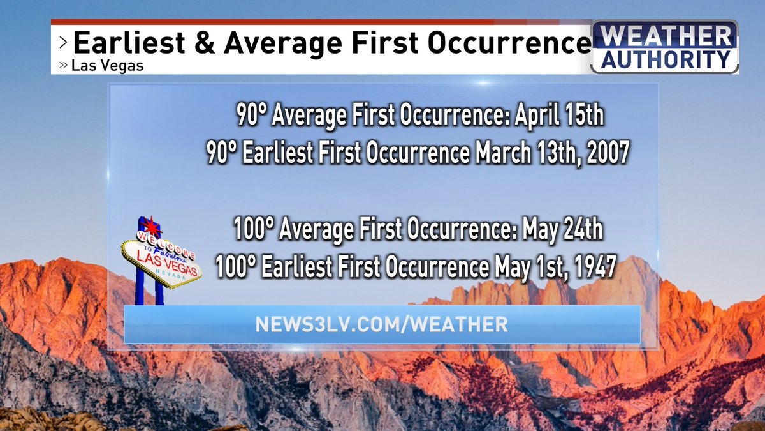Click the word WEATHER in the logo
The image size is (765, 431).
(665, 37)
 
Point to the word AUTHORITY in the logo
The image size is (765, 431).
(665, 60)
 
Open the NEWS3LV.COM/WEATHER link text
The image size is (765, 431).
(381, 324)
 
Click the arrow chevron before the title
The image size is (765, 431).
(62, 43)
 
